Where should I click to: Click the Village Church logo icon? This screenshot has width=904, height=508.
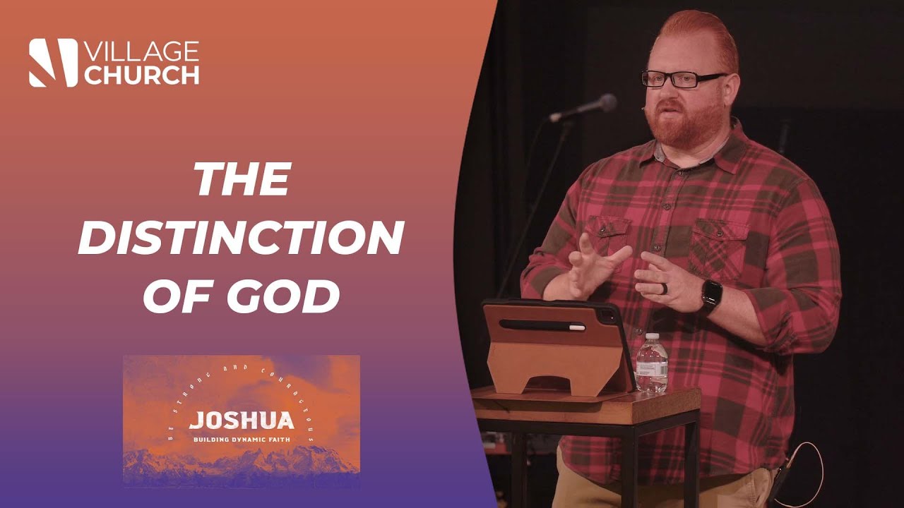(x=53, y=63)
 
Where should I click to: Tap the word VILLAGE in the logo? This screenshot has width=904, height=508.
(x=141, y=52)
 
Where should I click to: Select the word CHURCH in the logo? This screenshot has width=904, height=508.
(x=141, y=75)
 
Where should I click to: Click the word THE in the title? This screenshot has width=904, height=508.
(x=242, y=180)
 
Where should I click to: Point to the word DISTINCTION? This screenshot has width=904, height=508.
(x=240, y=238)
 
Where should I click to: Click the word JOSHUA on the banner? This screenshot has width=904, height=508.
(x=241, y=421)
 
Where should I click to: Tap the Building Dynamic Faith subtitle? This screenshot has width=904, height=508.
(x=241, y=440)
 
